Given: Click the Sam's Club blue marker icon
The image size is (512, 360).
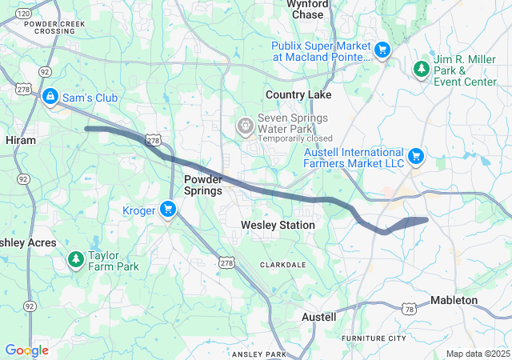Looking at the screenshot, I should point(50,97).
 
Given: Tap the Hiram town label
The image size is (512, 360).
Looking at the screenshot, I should point(21,139).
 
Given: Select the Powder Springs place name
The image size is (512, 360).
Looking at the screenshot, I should point(202,185).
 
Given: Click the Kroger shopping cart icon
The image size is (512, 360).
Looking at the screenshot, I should point(167,210).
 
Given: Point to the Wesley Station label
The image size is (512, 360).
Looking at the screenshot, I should point(278,226).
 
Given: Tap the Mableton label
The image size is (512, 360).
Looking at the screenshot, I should point(454,300).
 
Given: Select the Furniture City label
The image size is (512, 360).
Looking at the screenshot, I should point(374,338).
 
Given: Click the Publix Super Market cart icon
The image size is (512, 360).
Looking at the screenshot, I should point(382,50).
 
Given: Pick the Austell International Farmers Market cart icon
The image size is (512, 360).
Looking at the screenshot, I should point(415,156).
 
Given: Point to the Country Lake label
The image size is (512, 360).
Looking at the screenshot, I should point(298,94).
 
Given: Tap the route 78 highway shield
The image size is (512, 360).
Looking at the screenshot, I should point(410,309).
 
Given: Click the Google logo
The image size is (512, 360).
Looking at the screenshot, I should point(26,350).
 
